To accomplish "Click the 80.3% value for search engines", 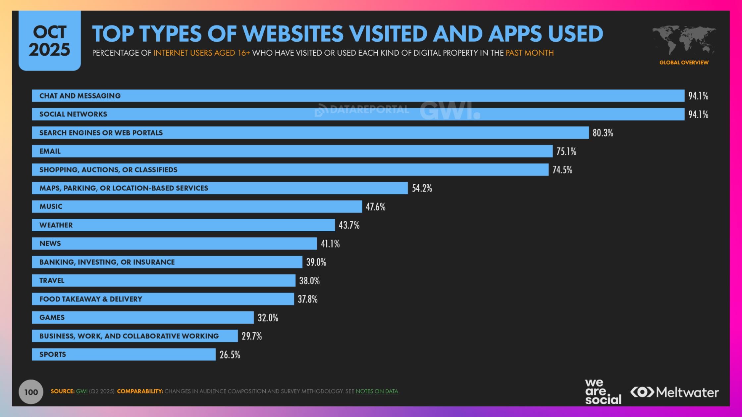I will pyautogui.click(x=603, y=133).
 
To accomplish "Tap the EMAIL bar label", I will pyautogui.click(x=50, y=151).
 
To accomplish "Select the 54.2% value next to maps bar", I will pyautogui.click(x=422, y=188).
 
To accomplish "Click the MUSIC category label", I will pyautogui.click(x=51, y=207).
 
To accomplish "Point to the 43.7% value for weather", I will pyautogui.click(x=349, y=225).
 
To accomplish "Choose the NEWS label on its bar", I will pyautogui.click(x=50, y=244).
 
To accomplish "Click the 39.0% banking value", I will pyautogui.click(x=316, y=262).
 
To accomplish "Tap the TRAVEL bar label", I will pyautogui.click(x=52, y=281).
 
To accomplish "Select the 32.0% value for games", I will pyautogui.click(x=268, y=318).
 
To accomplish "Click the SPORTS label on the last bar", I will pyautogui.click(x=53, y=354).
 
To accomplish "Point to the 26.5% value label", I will pyautogui.click(x=230, y=355).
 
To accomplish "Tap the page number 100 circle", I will pyautogui.click(x=31, y=392).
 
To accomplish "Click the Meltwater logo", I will pyautogui.click(x=674, y=393).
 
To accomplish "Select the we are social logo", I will pyautogui.click(x=603, y=392).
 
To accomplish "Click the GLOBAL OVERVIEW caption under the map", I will pyautogui.click(x=684, y=63).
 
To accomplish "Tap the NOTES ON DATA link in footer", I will pyautogui.click(x=377, y=391).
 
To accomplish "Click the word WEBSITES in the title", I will pyautogui.click(x=293, y=34).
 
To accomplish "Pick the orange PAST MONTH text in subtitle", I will pyautogui.click(x=529, y=53).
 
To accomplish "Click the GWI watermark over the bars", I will pyautogui.click(x=450, y=111).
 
